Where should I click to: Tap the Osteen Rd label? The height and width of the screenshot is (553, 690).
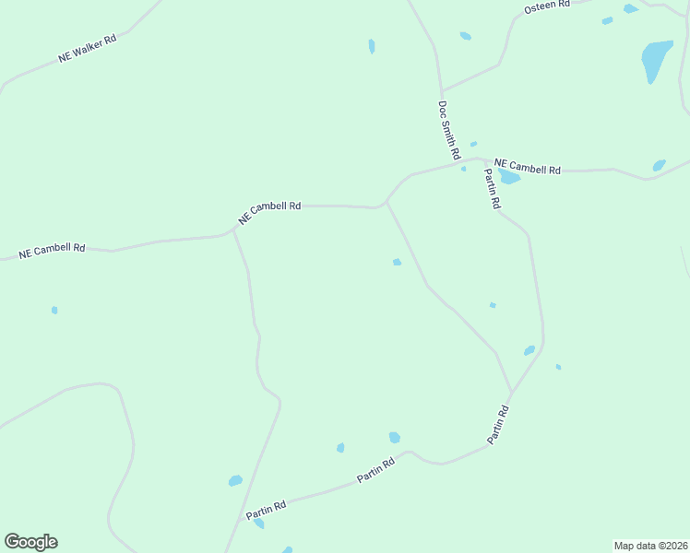tap(547, 7)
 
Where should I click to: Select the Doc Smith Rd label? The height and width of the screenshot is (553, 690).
tap(449, 130)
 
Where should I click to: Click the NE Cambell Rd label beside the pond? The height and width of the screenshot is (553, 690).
tap(528, 167)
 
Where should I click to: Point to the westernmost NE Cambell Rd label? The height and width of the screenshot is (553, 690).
tap(52, 250)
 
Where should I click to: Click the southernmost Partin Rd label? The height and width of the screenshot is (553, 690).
tap(266, 508)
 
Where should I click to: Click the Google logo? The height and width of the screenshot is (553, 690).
tap(30, 542)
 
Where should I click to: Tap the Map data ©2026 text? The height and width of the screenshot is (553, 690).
tap(650, 546)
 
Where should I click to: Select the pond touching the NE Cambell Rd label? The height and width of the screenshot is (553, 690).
tap(508, 176)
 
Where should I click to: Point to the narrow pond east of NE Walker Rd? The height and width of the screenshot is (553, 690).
tap(372, 46)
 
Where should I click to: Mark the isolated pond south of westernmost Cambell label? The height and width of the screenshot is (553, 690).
tap(54, 310)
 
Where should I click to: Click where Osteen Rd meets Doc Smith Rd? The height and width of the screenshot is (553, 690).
tap(442, 91)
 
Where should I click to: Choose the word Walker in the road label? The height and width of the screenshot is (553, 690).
tap(97, 45)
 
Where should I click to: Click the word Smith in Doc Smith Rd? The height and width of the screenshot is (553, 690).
tap(449, 131)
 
